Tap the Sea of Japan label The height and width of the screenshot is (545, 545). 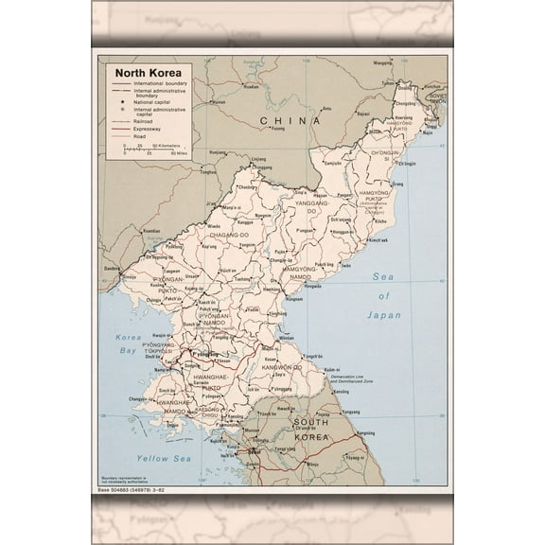tap(384, 295)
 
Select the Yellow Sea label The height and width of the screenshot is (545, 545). tap(164, 458)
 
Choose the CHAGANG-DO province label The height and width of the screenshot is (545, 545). tap(229, 234)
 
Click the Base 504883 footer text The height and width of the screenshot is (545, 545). tap(134, 488)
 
